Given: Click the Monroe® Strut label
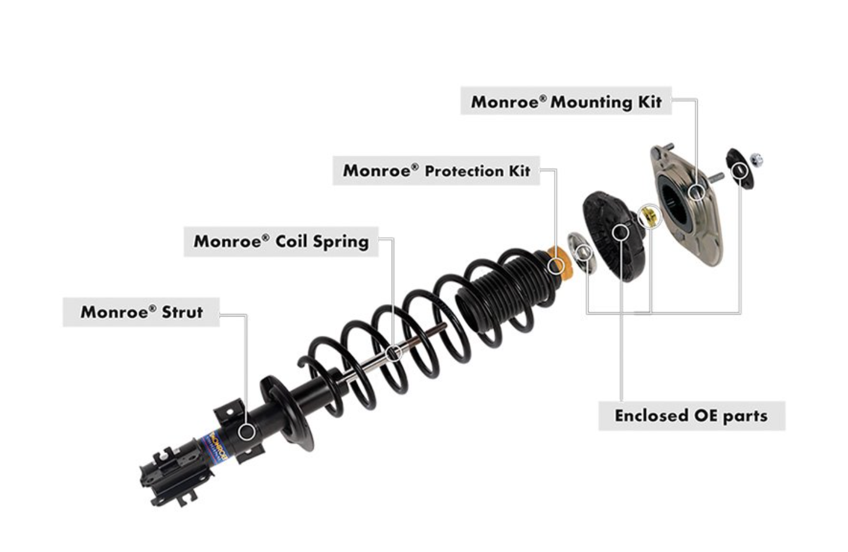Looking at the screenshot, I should coord(141,312).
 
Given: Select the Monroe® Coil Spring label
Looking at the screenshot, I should coord(281,241).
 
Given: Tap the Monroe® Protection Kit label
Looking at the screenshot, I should coord(436,171).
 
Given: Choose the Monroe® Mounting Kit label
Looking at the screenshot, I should coord(566,102).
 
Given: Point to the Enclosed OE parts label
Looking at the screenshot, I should coord(691,416).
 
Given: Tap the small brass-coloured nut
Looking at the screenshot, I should coord(649,217).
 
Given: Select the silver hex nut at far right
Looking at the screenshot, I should coord(757,158).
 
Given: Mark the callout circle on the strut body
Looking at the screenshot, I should coord(247,432).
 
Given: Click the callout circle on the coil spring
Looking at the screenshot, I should coord(395,352).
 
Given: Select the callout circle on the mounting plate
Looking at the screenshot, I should coord(697,192).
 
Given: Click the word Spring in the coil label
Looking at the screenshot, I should coord(340,241).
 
